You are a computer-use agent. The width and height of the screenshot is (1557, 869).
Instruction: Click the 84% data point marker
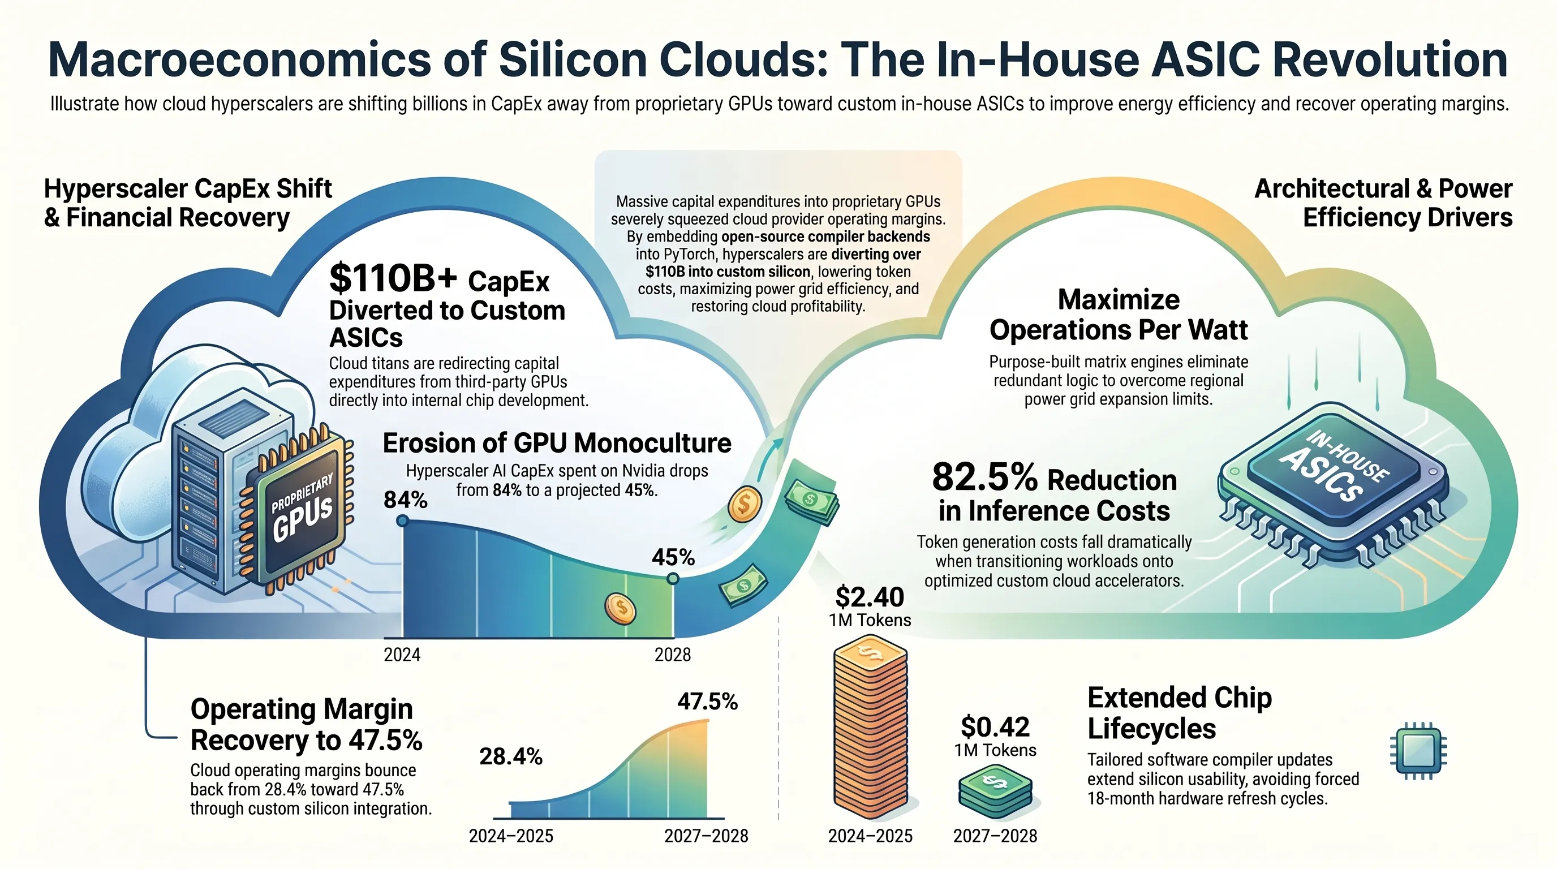pos(403,520)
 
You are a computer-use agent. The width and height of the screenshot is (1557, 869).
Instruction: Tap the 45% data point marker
pos(673,579)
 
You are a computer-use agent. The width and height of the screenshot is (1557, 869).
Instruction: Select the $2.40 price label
pos(870,597)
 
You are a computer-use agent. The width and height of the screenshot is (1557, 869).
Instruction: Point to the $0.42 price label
pos(995,726)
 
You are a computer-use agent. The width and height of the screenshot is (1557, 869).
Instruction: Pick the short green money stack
pos(995,791)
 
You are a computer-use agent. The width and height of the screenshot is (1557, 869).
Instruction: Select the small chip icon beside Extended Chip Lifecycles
pos(1418,751)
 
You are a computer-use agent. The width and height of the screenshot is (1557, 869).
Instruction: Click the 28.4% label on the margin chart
pos(511,756)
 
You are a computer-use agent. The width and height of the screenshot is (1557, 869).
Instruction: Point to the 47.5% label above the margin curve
pos(707,702)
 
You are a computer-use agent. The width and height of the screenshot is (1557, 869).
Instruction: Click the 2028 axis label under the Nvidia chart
pos(673,655)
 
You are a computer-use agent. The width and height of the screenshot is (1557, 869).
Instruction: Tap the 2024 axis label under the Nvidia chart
pos(402,655)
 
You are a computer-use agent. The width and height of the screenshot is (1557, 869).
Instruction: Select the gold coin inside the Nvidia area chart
pos(620,608)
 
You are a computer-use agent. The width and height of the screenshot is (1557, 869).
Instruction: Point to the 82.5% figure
pos(984,477)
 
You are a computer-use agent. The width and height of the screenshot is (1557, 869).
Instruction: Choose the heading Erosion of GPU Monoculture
pos(557,443)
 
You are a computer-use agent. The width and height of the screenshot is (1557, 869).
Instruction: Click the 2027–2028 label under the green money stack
pos(995,836)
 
